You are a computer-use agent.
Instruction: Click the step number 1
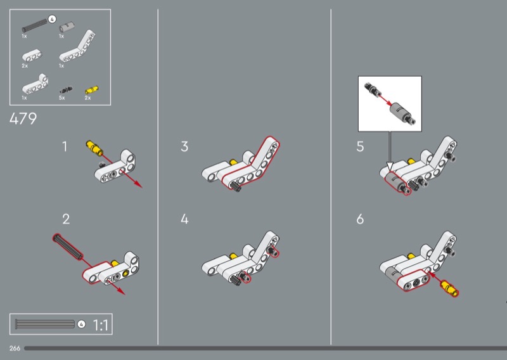[65, 147]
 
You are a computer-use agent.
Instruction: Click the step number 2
[66, 220]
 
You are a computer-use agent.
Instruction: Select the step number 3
[184, 147]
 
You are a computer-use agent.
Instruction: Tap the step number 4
[184, 220]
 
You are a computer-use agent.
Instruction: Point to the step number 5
[360, 147]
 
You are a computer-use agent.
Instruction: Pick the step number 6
[360, 220]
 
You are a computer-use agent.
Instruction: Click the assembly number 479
[23, 119]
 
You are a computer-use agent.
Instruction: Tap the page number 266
[15, 348]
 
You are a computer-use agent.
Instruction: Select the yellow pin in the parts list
[92, 89]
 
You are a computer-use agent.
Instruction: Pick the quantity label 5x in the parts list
[61, 98]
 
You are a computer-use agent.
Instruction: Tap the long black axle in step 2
[67, 246]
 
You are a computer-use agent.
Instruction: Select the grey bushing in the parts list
[66, 28]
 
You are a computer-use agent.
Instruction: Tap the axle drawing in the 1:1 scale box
[44, 325]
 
